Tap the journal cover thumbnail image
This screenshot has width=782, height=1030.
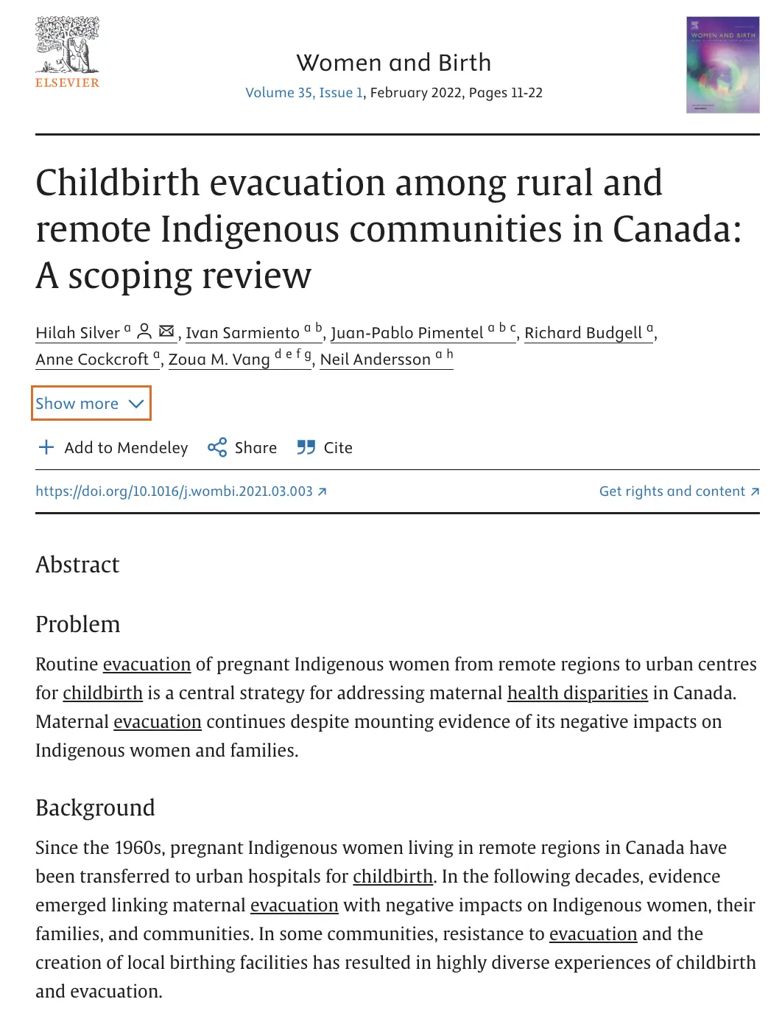(722, 65)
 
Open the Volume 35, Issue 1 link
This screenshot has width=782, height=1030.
(304, 93)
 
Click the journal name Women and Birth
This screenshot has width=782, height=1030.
(393, 63)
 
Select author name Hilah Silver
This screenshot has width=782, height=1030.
(77, 333)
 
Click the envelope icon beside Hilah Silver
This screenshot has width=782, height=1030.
(166, 331)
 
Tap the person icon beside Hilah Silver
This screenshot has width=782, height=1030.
(144, 331)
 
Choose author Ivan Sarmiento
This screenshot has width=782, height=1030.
(242, 333)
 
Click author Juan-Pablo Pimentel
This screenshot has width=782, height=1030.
(406, 333)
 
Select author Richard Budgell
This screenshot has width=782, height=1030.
(582, 333)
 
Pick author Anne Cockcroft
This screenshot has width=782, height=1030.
(92, 360)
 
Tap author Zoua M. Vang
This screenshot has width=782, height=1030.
(219, 360)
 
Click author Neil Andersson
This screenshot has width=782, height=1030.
(375, 360)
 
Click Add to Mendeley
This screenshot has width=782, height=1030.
(113, 448)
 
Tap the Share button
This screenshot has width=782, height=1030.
(242, 448)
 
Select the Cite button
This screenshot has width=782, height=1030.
(325, 448)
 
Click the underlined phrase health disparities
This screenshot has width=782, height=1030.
(577, 693)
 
